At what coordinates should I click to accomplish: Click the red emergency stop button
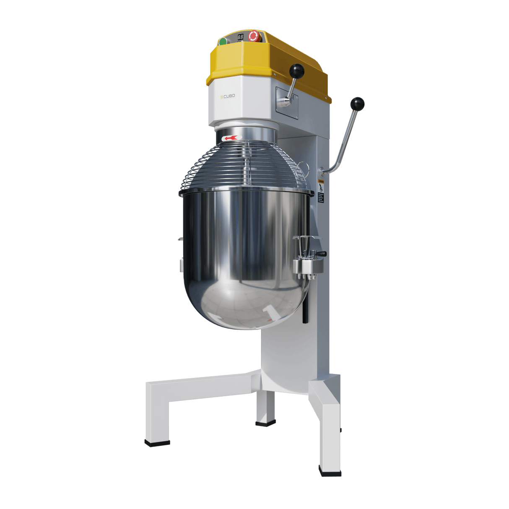tap(253, 36)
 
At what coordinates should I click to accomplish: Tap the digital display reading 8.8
tap(241, 37)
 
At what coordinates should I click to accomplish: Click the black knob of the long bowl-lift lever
tap(358, 103)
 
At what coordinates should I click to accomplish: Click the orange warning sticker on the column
tap(321, 182)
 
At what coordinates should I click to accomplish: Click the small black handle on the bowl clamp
tap(321, 254)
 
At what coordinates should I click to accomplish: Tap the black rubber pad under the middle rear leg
tap(265, 424)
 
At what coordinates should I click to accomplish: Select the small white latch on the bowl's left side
tap(181, 265)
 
